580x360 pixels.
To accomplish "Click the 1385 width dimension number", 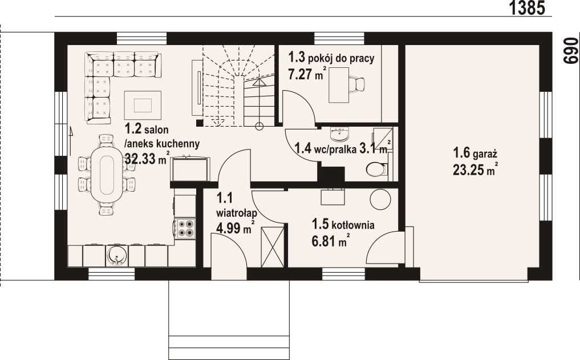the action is (x=527, y=8).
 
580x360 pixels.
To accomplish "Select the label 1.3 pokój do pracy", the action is (x=331, y=58).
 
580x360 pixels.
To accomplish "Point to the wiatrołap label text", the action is (x=237, y=213).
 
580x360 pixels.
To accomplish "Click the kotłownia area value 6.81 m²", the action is (x=331, y=241).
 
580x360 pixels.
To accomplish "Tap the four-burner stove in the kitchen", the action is (x=185, y=228).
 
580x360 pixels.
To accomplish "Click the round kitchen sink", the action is (x=116, y=255).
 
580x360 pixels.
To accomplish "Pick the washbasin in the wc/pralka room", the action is (x=339, y=135).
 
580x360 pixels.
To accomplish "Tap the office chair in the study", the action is (x=357, y=83).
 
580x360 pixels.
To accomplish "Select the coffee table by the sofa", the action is (x=143, y=106).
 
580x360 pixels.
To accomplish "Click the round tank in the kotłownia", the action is (x=380, y=200).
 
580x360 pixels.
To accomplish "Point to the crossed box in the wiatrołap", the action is (x=272, y=246).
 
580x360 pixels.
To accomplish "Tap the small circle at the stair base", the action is (x=259, y=127).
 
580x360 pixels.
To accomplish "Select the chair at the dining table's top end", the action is (x=106, y=140).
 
